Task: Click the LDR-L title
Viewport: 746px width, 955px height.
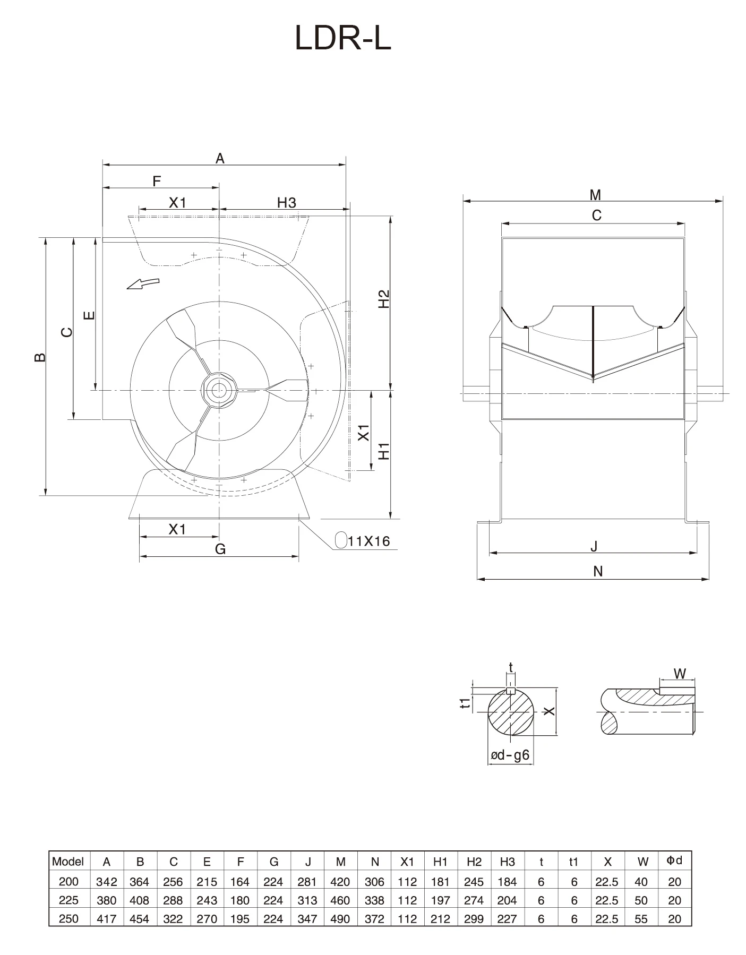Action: (x=343, y=38)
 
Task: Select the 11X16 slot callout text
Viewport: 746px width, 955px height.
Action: (x=369, y=541)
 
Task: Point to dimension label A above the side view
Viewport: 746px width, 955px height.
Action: (x=220, y=158)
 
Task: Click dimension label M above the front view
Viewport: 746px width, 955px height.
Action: (x=595, y=195)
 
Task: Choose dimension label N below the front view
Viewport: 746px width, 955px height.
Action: (x=598, y=571)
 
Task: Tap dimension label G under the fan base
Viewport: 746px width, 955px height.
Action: (x=220, y=549)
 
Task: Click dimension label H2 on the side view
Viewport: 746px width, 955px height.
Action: (x=384, y=299)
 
